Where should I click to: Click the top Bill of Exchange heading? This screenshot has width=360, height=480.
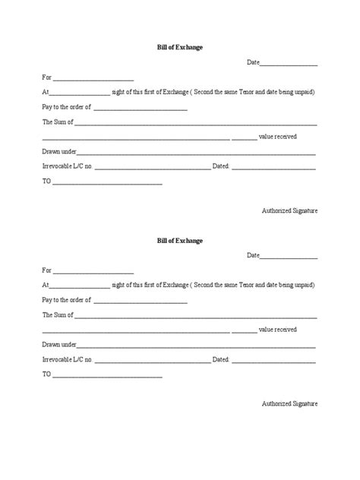point(179,47)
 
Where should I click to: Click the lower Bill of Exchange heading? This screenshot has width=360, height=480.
point(179,241)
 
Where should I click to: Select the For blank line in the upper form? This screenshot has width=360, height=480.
point(93,79)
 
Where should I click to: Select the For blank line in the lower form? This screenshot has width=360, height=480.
point(93,272)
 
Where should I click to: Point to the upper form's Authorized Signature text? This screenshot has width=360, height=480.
point(289,210)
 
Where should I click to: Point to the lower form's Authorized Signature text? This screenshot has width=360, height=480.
point(289,403)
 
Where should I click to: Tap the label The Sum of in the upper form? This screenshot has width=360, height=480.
point(58,122)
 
